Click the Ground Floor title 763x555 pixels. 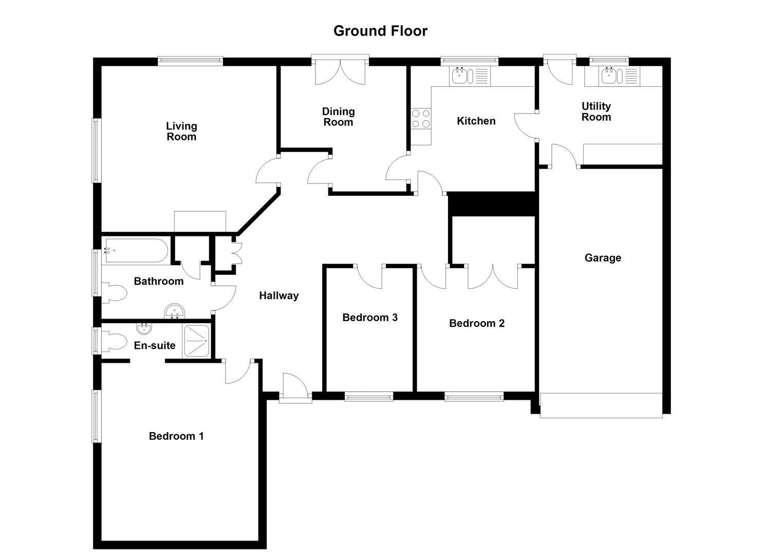pos(380,31)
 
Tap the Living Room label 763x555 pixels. pos(181,132)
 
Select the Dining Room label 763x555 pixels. pos(338,117)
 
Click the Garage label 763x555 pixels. pos(603,258)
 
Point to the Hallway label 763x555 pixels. pos(278,295)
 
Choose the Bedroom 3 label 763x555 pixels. pos(370,318)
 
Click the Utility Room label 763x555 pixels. pos(596,112)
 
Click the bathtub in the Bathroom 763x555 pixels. pos(136,251)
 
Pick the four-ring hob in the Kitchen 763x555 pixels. pos(420,119)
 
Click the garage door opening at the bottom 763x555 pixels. pos(601,405)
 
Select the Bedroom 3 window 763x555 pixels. pos(369,396)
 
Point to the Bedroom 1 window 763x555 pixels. pos(96,416)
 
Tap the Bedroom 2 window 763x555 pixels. pos(474,396)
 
